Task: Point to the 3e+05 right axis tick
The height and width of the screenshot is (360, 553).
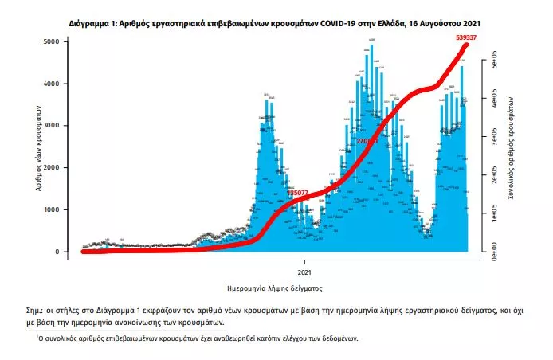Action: [494, 139]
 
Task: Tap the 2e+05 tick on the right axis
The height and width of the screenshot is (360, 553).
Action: [494, 177]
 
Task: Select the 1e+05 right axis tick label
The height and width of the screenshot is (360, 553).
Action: [494, 215]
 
